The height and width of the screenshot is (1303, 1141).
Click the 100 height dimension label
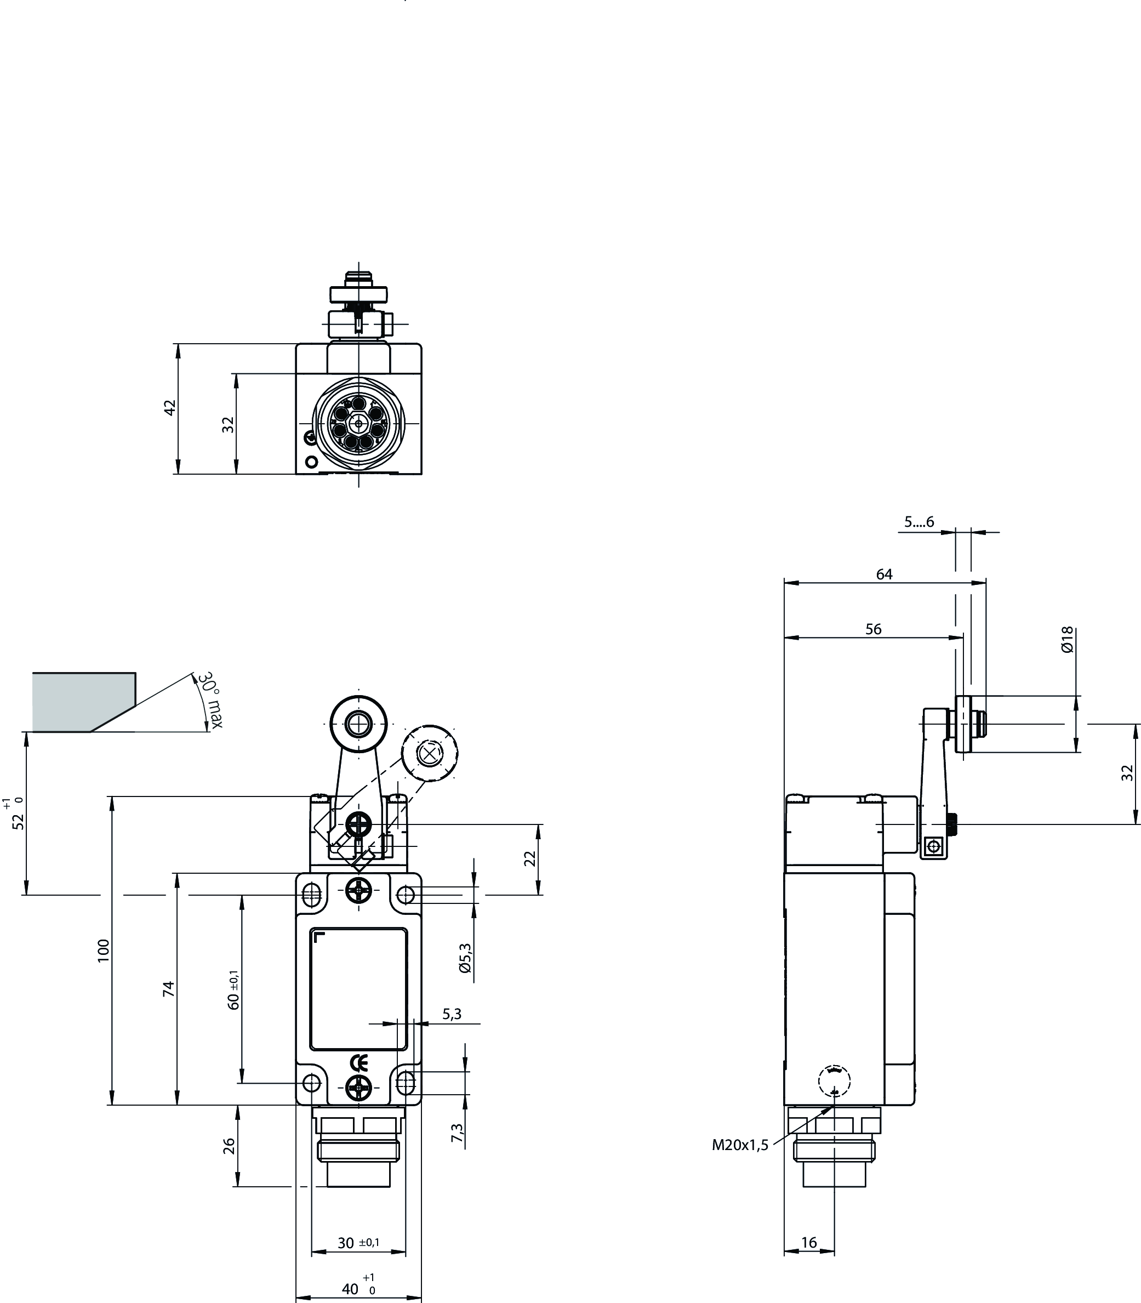104,949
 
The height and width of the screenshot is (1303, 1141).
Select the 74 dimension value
168,988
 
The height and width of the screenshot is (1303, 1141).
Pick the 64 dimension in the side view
885,574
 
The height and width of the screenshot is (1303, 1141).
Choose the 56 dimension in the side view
874,629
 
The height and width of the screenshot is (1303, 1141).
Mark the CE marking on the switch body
359,1062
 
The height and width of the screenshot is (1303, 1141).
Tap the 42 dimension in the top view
169,408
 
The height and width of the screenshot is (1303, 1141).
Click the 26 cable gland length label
230,1146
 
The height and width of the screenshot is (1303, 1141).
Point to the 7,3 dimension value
457,1131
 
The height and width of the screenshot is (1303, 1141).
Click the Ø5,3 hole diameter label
465,958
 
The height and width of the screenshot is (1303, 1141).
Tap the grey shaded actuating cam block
83,702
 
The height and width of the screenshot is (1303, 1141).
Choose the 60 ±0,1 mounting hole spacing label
233,989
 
